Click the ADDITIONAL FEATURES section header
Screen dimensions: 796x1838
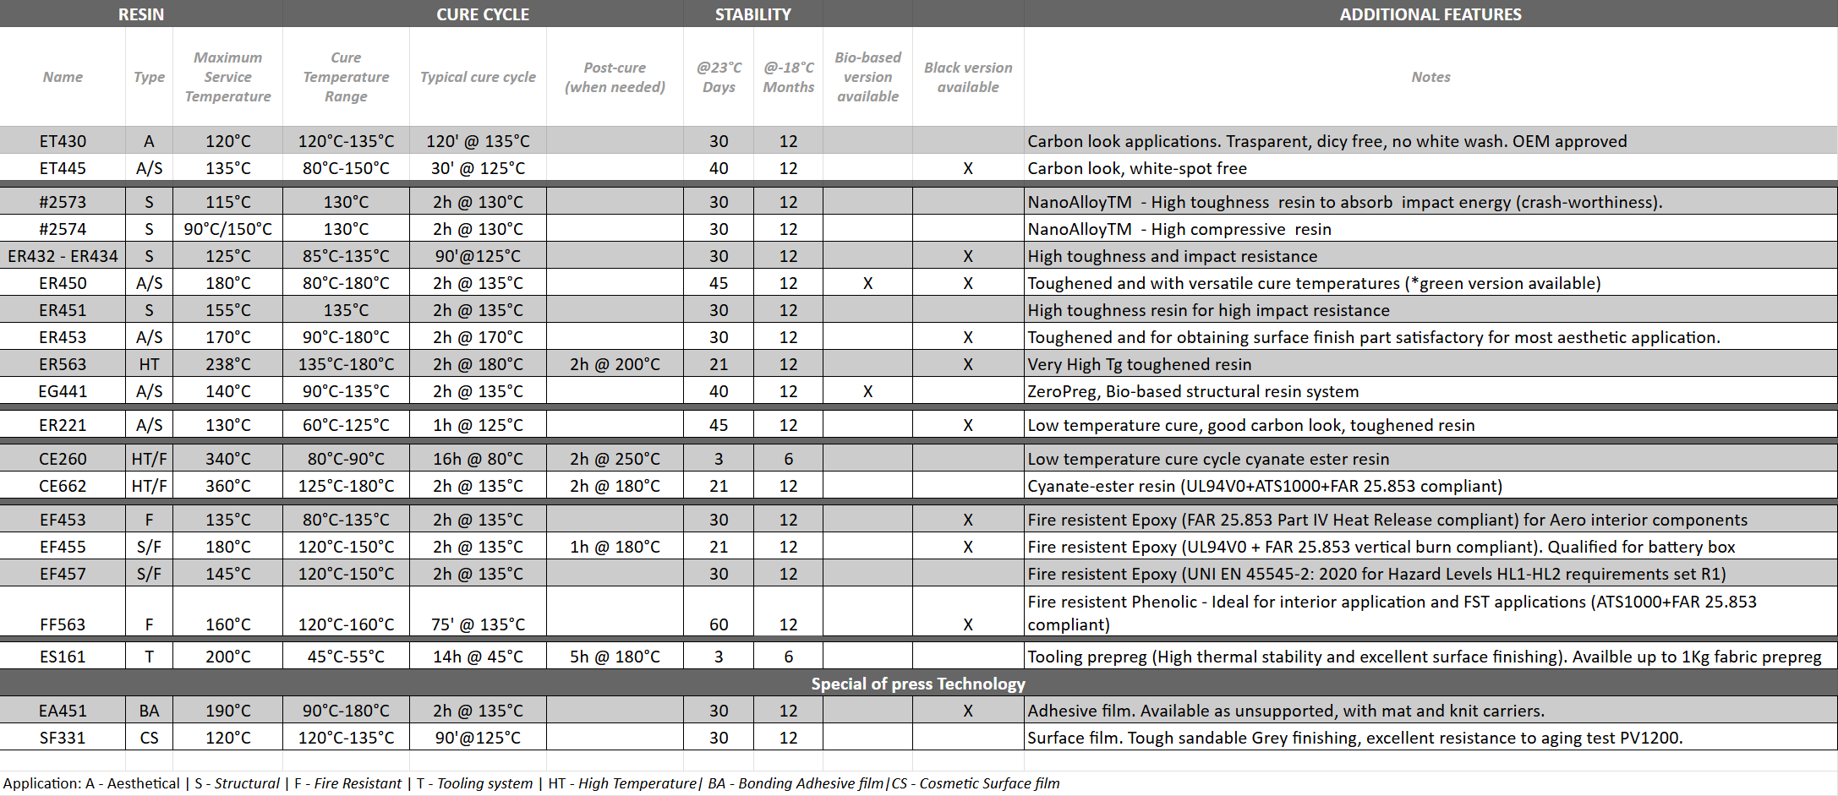(x=1430, y=14)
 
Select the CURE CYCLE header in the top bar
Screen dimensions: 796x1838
(x=482, y=14)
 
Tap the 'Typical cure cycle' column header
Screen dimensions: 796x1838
(x=478, y=77)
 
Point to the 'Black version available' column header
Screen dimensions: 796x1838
(x=967, y=77)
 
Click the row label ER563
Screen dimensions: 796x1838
(x=63, y=364)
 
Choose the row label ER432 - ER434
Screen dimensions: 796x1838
(x=63, y=256)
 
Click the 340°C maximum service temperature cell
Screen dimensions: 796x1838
(x=227, y=459)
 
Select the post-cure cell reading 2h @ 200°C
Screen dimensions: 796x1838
(x=615, y=364)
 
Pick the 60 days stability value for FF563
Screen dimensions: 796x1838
(x=719, y=624)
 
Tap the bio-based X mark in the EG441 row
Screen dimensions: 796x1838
(x=867, y=391)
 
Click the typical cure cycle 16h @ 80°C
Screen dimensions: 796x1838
(x=478, y=459)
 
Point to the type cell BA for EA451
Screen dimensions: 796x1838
(x=149, y=711)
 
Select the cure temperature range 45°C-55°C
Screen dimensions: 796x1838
(x=346, y=657)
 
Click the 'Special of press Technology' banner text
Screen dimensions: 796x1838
(x=918, y=684)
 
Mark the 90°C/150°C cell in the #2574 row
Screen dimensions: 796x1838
(x=227, y=229)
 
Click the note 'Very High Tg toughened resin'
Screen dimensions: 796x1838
(x=1139, y=364)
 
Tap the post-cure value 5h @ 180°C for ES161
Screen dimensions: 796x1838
(x=615, y=657)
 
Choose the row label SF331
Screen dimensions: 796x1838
(x=63, y=738)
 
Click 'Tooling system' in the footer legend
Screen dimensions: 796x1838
(x=484, y=783)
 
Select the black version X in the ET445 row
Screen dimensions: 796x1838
(x=967, y=168)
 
